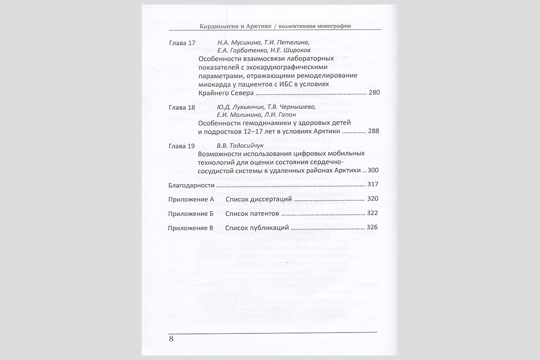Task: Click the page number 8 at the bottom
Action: click(171, 339)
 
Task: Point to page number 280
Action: click(374, 93)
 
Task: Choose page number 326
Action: click(372, 227)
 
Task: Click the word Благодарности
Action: click(191, 185)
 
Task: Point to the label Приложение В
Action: click(190, 228)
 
